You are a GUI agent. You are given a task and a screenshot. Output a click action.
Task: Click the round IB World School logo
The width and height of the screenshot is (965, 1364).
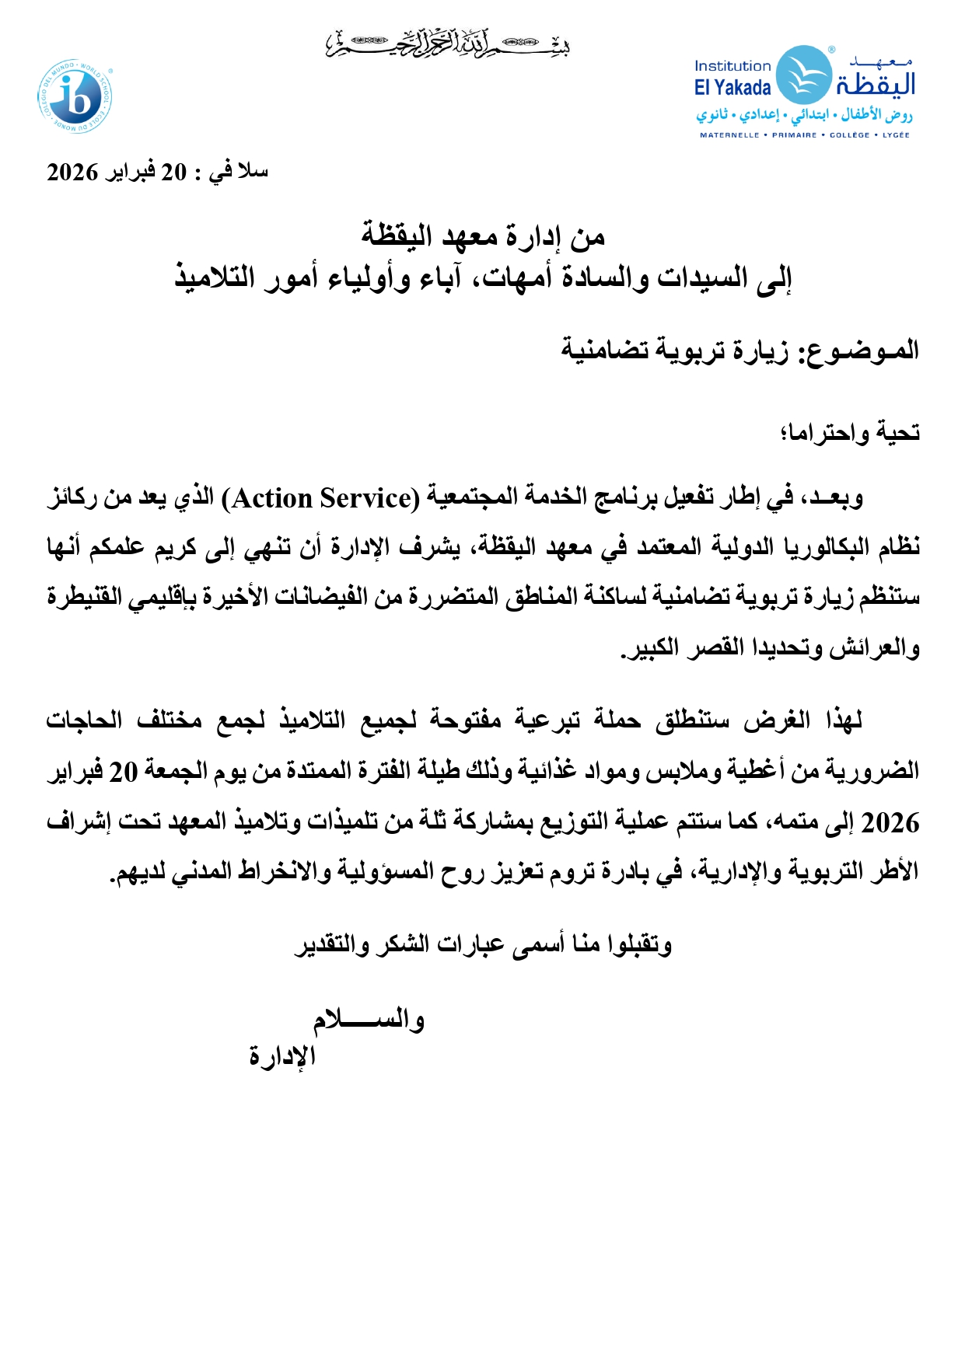pos(75,97)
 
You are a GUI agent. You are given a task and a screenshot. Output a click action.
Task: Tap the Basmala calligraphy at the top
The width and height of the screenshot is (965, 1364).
pos(448,44)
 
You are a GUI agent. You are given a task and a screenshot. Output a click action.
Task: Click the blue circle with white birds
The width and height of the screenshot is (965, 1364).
pos(804,75)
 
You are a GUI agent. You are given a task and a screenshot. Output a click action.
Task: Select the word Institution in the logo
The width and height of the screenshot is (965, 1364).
pos(732,66)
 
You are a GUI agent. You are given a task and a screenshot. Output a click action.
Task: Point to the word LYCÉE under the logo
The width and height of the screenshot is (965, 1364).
pos(896,135)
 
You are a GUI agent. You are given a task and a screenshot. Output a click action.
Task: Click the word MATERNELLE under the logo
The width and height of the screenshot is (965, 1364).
pos(729,135)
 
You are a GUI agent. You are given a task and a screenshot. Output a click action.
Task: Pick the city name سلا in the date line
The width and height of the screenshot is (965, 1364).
pos(253,171)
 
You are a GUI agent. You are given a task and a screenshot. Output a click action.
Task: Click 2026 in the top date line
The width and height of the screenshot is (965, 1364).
pos(72,172)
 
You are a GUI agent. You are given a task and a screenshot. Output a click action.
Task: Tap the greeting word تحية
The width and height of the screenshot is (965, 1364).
pos(898,431)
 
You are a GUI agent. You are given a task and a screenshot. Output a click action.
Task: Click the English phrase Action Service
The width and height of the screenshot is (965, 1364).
pos(320,498)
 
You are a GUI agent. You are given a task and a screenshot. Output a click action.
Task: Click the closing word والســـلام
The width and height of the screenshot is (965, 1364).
pos(369,1020)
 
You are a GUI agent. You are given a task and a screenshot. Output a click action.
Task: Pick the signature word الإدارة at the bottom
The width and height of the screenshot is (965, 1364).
pos(282,1055)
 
